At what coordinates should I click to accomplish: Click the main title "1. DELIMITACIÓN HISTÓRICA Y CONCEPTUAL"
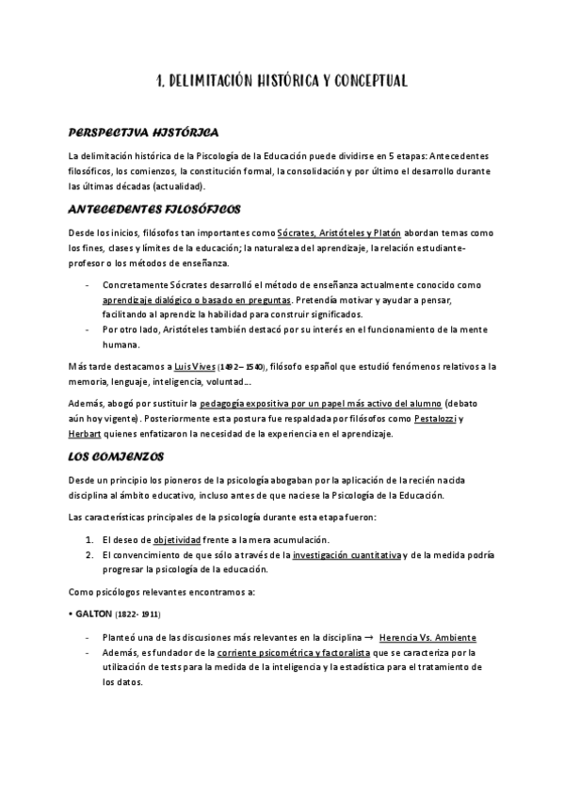coord(282,82)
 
